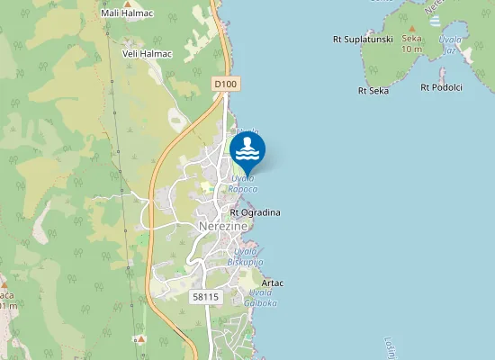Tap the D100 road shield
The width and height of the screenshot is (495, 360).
226,84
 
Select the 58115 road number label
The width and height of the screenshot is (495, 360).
206,296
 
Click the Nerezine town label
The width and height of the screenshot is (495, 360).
221,228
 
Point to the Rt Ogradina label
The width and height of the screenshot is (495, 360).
256,212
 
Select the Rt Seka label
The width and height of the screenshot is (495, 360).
373,90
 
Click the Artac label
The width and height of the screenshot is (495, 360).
273,283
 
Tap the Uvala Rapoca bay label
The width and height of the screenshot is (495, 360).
243,184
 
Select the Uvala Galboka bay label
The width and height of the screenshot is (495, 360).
261,299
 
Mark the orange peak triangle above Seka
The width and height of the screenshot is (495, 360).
411,28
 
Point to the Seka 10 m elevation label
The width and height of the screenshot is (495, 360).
411,43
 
